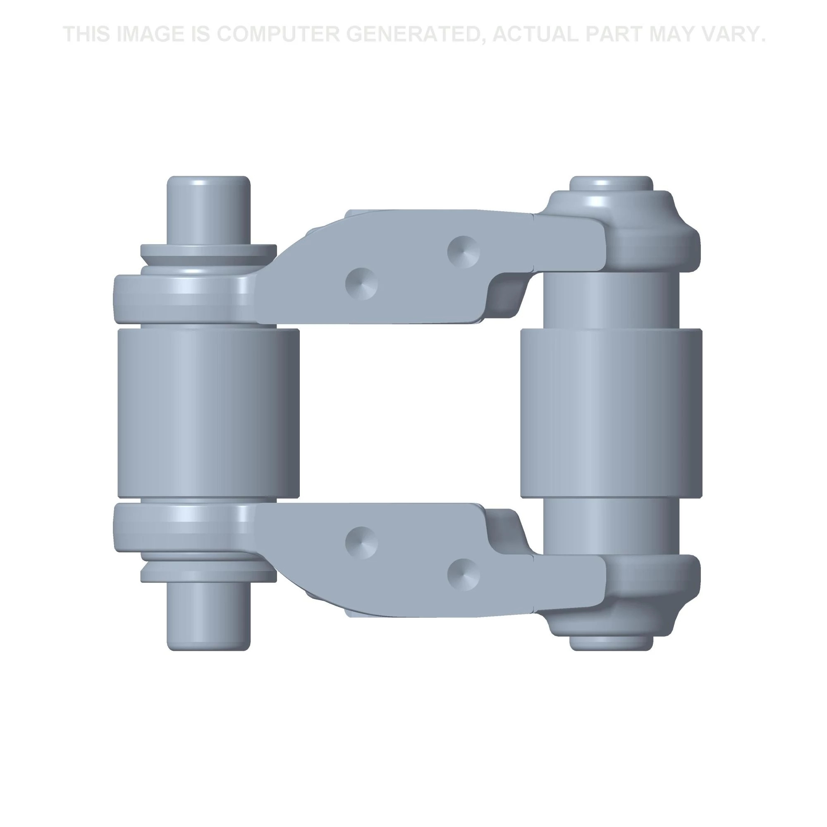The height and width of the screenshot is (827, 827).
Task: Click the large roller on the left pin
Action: tap(208, 413)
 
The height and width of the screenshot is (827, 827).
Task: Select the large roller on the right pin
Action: tap(611, 413)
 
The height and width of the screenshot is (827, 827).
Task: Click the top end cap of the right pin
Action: tap(611, 183)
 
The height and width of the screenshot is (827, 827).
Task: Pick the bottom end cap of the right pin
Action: tap(611, 643)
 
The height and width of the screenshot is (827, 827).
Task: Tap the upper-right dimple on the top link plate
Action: tap(464, 252)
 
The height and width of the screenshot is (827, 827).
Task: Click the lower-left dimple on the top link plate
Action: tap(362, 284)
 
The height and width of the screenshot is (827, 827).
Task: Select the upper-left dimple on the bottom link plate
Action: tap(362, 543)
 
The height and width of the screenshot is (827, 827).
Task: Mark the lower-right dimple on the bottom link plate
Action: tap(464, 574)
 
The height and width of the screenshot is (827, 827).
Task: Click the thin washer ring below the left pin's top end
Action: tap(208, 251)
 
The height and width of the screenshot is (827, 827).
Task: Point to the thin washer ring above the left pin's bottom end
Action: tap(208, 575)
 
